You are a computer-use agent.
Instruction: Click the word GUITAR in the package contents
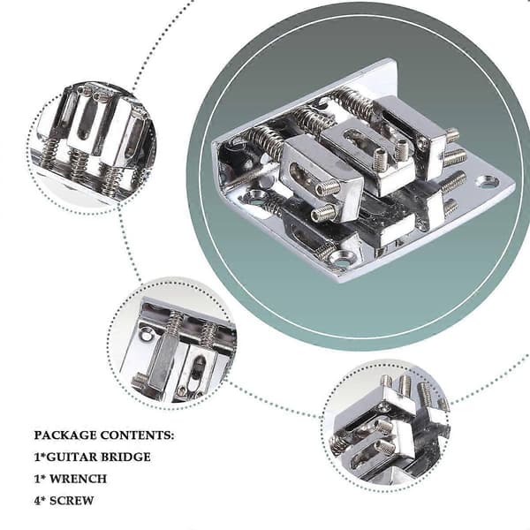pos(70,457)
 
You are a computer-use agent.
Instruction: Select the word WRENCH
pos(78,479)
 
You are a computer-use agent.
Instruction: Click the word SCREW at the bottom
pos(72,501)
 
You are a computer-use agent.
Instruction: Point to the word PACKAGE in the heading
pos(65,435)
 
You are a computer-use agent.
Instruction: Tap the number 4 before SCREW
pos(37,501)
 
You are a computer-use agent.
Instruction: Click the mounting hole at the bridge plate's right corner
pos(487,183)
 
